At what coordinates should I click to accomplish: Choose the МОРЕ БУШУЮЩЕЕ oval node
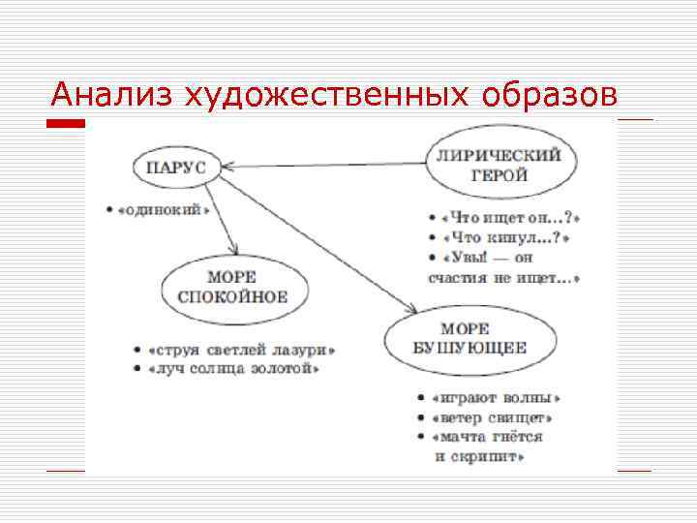click(x=470, y=339)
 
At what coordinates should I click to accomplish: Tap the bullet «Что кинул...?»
click(x=505, y=238)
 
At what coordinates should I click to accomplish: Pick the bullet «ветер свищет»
click(x=493, y=418)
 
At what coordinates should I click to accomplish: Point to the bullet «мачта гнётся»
click(x=488, y=438)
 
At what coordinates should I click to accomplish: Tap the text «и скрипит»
click(x=480, y=456)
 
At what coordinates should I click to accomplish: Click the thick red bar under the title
click(x=66, y=124)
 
